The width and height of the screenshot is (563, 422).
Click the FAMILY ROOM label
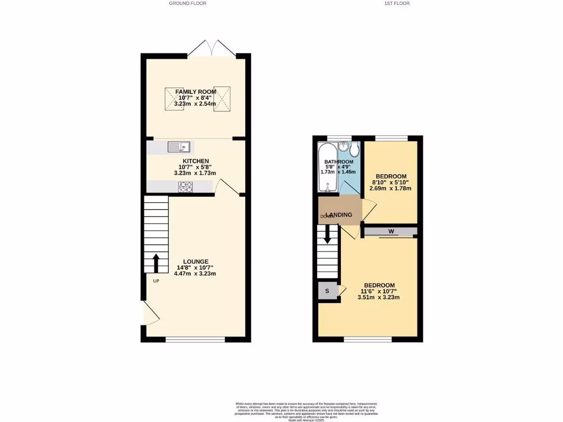[x=192, y=92]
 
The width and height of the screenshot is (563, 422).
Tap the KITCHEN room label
[x=196, y=161]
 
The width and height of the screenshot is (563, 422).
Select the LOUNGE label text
[x=196, y=262]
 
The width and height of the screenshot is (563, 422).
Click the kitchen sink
[x=179, y=147]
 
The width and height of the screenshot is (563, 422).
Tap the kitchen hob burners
[x=184, y=187]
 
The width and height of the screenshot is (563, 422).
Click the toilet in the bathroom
[x=354, y=149]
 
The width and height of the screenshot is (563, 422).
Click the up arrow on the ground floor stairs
[x=156, y=263]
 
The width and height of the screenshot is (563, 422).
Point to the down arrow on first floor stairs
[x=328, y=236]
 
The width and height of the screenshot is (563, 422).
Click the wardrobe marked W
[x=391, y=231]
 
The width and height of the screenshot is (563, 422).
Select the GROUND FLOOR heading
[x=187, y=3]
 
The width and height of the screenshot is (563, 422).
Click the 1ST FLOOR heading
[x=397, y=3]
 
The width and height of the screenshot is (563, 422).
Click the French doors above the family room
[x=212, y=48]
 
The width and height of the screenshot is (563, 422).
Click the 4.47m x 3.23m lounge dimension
[x=195, y=274]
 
